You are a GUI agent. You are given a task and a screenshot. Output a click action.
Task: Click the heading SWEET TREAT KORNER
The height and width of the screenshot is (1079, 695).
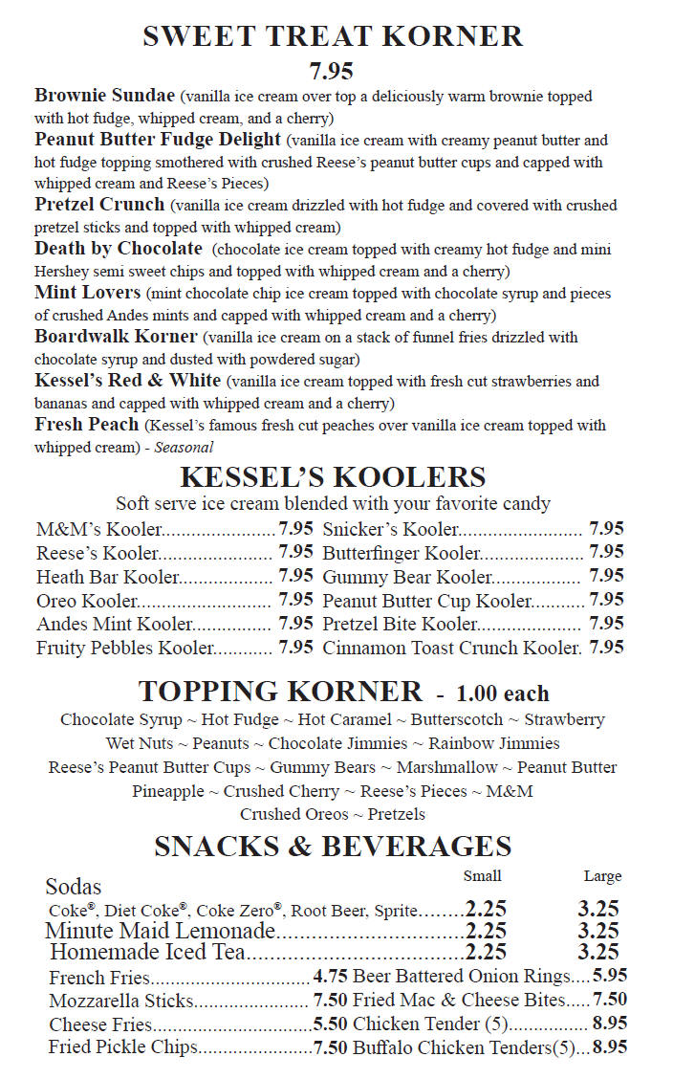(x=333, y=36)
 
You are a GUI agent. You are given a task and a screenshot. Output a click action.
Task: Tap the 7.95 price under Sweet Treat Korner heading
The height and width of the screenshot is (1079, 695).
(x=332, y=72)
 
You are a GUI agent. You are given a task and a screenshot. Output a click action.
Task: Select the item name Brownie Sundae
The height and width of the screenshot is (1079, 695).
(x=105, y=96)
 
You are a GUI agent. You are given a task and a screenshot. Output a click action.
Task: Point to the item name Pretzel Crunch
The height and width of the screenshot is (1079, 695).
(x=100, y=205)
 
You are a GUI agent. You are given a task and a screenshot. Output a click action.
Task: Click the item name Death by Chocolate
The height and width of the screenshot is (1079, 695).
(x=119, y=249)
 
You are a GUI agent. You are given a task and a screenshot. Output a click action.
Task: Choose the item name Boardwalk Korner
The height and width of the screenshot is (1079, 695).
(x=116, y=337)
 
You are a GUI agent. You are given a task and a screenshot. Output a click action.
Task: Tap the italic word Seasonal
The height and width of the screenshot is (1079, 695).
(x=185, y=447)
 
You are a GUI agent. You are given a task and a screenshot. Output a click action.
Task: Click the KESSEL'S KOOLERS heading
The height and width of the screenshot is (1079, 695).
(x=333, y=476)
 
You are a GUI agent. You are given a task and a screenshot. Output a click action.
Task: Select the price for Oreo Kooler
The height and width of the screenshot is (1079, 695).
(x=295, y=600)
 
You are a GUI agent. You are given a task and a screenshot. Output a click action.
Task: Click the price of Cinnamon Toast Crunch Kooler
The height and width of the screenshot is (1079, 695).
(x=607, y=648)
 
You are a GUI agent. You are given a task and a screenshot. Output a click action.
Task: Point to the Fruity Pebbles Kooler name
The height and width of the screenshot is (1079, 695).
(x=125, y=648)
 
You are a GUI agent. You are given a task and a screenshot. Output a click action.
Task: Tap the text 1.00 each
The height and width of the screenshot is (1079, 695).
(x=503, y=694)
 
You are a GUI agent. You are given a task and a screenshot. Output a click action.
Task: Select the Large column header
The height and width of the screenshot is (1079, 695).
(x=602, y=876)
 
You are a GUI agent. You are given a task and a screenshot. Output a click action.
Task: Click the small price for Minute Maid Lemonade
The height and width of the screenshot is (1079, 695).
(x=486, y=931)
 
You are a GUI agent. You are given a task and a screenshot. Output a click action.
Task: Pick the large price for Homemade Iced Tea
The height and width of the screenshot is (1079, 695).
(x=598, y=952)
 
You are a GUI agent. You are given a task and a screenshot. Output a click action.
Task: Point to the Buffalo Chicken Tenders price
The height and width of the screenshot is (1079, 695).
(x=610, y=1047)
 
